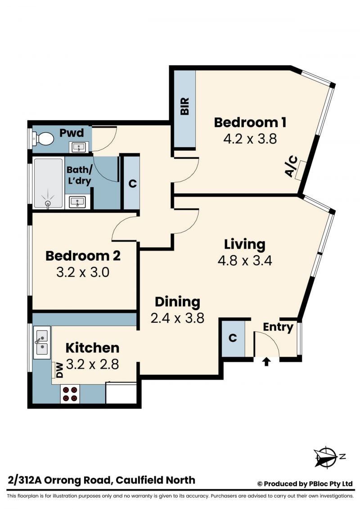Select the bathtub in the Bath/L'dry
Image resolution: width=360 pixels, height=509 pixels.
[48, 183]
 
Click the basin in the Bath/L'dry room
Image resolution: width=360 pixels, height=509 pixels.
[77, 202]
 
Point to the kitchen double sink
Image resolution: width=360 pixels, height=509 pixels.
[42, 342]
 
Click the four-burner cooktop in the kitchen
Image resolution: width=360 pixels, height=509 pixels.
[70, 394]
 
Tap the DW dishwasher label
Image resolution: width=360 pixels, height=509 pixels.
[59, 370]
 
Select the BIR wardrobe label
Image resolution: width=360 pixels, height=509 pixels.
[184, 106]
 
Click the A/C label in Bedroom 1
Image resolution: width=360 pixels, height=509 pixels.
[291, 166]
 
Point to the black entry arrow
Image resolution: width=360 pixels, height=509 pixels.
[266, 361]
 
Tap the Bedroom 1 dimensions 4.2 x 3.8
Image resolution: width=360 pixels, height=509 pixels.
[250, 139]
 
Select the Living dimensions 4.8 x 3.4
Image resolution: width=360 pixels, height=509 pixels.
[245, 260]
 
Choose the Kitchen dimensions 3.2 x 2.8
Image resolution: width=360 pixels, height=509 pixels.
[93, 364]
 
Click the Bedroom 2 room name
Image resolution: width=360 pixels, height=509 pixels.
[83, 256]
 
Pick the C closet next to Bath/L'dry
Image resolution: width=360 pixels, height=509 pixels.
[132, 184]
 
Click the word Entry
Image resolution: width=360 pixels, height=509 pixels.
[278, 327]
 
